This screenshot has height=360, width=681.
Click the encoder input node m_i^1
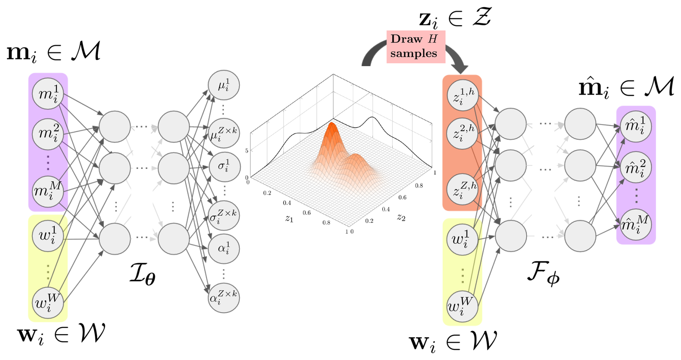click(48, 94)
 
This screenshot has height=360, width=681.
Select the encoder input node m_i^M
click(48, 191)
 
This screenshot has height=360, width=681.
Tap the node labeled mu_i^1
click(224, 86)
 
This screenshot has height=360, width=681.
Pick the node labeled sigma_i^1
click(224, 167)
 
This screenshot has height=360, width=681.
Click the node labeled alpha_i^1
click(224, 249)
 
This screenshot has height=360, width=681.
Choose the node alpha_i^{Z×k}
click(224, 297)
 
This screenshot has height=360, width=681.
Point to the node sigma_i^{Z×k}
click(224, 216)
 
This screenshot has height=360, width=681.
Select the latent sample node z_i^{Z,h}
click(463, 189)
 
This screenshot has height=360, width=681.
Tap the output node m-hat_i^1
click(636, 126)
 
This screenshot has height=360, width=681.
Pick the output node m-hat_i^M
click(636, 224)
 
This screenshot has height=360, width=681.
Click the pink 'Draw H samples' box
click(416, 47)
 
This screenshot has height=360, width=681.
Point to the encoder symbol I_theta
click(143, 274)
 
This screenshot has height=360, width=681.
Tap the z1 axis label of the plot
click(289, 219)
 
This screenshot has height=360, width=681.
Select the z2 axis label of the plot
click(401, 217)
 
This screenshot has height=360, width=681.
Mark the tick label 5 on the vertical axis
click(247, 150)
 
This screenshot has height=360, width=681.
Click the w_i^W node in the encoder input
click(48, 303)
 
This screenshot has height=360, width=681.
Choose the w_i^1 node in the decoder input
click(463, 239)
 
